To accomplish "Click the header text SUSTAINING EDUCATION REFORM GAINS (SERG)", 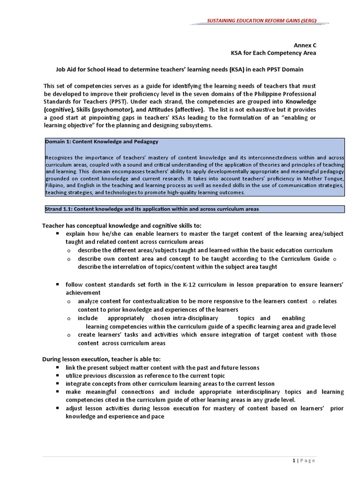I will (x=262, y=21).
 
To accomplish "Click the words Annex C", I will (x=305, y=45).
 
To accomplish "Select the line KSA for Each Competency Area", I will (x=280, y=53).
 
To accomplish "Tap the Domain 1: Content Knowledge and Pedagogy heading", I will (x=102, y=141).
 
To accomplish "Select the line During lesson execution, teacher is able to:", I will (x=101, y=359).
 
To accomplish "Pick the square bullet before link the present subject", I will (x=57, y=367).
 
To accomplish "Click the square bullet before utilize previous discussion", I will (x=57, y=375).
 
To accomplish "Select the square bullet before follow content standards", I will (x=57, y=285).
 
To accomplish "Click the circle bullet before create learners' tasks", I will (x=69, y=335).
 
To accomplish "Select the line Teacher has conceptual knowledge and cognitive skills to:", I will (x=122, y=226).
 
